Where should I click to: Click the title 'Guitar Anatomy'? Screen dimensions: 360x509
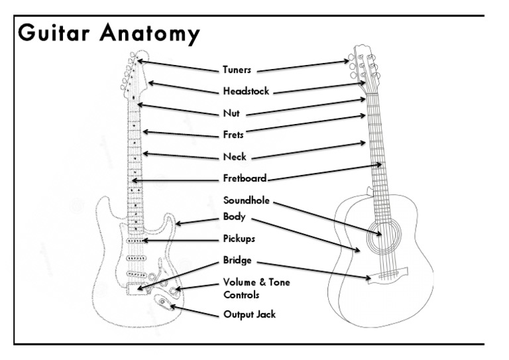click(x=108, y=33)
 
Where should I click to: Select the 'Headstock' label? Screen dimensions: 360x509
click(x=246, y=91)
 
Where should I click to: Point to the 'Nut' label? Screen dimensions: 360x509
click(x=232, y=113)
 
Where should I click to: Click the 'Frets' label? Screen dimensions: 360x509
click(x=233, y=135)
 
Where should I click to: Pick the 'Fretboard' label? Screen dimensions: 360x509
click(x=245, y=178)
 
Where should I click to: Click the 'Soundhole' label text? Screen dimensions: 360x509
click(x=247, y=200)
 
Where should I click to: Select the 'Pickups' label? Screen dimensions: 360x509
click(x=239, y=238)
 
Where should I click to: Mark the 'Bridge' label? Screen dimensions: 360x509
click(x=237, y=261)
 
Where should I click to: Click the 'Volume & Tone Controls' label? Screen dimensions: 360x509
click(x=256, y=288)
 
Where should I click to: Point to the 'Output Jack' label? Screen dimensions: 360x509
click(x=249, y=314)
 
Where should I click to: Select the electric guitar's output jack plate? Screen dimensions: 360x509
click(x=163, y=304)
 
